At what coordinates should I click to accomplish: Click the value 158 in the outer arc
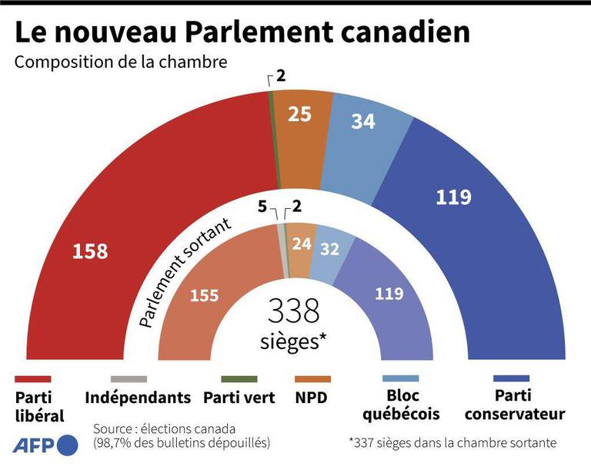pos(90,250)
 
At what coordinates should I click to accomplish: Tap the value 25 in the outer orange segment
pos(299,114)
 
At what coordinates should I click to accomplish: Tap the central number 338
pos(293,311)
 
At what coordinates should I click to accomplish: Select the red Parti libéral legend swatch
pos(32,379)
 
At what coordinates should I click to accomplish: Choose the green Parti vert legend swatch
pos(239,379)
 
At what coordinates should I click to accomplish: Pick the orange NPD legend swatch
pos(312,379)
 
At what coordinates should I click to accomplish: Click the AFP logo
pos(45,445)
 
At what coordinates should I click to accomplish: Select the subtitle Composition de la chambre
pos(121,62)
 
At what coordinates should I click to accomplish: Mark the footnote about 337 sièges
pos(452,443)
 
